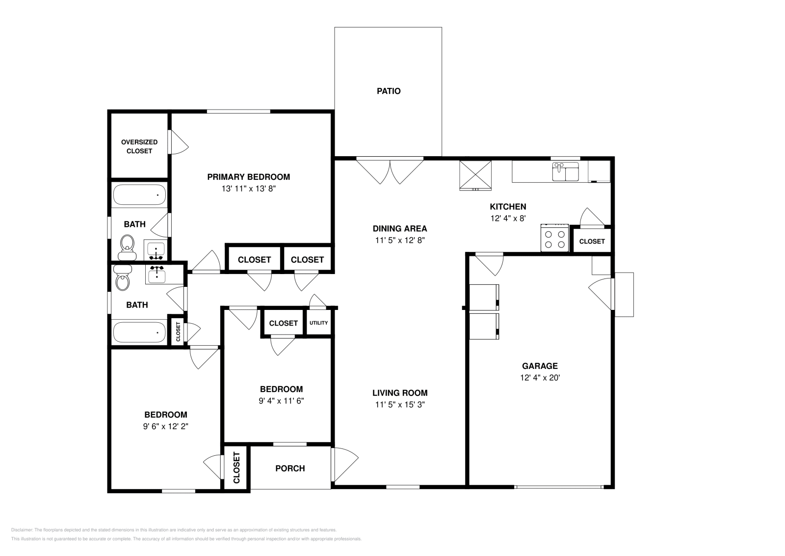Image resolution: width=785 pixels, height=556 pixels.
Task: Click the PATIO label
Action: pos(389,91)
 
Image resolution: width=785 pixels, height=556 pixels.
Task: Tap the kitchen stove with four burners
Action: pos(554,239)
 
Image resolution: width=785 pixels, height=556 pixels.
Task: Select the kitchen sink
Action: pos(565,173)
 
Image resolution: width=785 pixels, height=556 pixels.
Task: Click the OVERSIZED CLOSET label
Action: pos(139,146)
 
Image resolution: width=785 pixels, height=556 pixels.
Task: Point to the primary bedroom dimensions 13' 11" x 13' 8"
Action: pos(249,188)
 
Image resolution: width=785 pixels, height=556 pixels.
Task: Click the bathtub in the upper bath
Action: pos(139,195)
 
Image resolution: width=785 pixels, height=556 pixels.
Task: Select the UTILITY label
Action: pos(318,323)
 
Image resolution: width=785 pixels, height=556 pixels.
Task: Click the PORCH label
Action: pos(290,469)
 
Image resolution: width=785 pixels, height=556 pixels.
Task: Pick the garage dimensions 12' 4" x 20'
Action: pos(540,378)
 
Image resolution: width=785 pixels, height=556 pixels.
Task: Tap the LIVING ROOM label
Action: pos(400,393)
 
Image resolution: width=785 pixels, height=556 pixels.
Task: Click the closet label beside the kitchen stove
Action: pos(592,241)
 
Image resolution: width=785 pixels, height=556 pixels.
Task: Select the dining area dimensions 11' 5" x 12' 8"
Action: pos(400,240)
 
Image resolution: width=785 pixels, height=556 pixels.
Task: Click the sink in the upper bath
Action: pos(156,250)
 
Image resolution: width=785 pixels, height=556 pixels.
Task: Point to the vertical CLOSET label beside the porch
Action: pos(236,468)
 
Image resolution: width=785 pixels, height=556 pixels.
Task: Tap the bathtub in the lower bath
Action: pos(139,332)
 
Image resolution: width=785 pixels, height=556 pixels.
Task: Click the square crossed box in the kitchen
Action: pos(475,175)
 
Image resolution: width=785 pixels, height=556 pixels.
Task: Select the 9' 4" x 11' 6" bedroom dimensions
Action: pos(281,401)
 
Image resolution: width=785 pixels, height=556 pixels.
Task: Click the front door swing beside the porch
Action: pos(345,465)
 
